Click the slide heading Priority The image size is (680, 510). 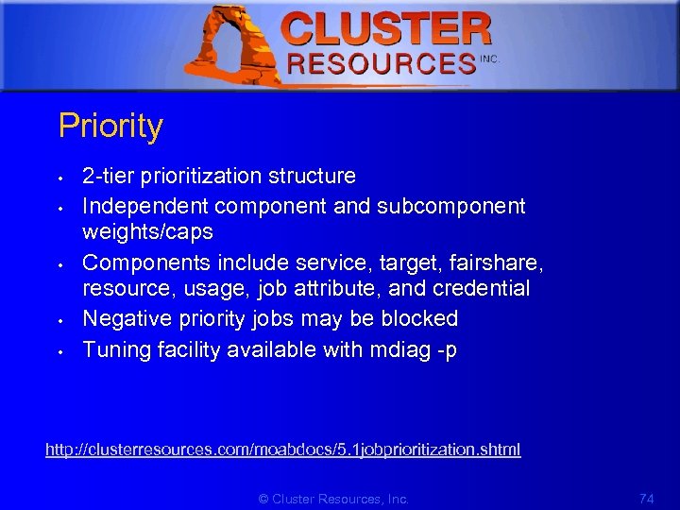pyautogui.click(x=110, y=127)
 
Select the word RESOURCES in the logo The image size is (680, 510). pyautogui.click(x=380, y=63)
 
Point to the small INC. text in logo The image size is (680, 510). pyautogui.click(x=489, y=59)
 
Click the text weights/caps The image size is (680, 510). pyautogui.click(x=147, y=231)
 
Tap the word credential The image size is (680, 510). pyautogui.click(x=485, y=288)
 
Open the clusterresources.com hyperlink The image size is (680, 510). pyautogui.click(x=282, y=450)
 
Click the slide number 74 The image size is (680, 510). pyautogui.click(x=646, y=498)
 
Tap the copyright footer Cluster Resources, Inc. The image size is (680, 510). pyautogui.click(x=333, y=499)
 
